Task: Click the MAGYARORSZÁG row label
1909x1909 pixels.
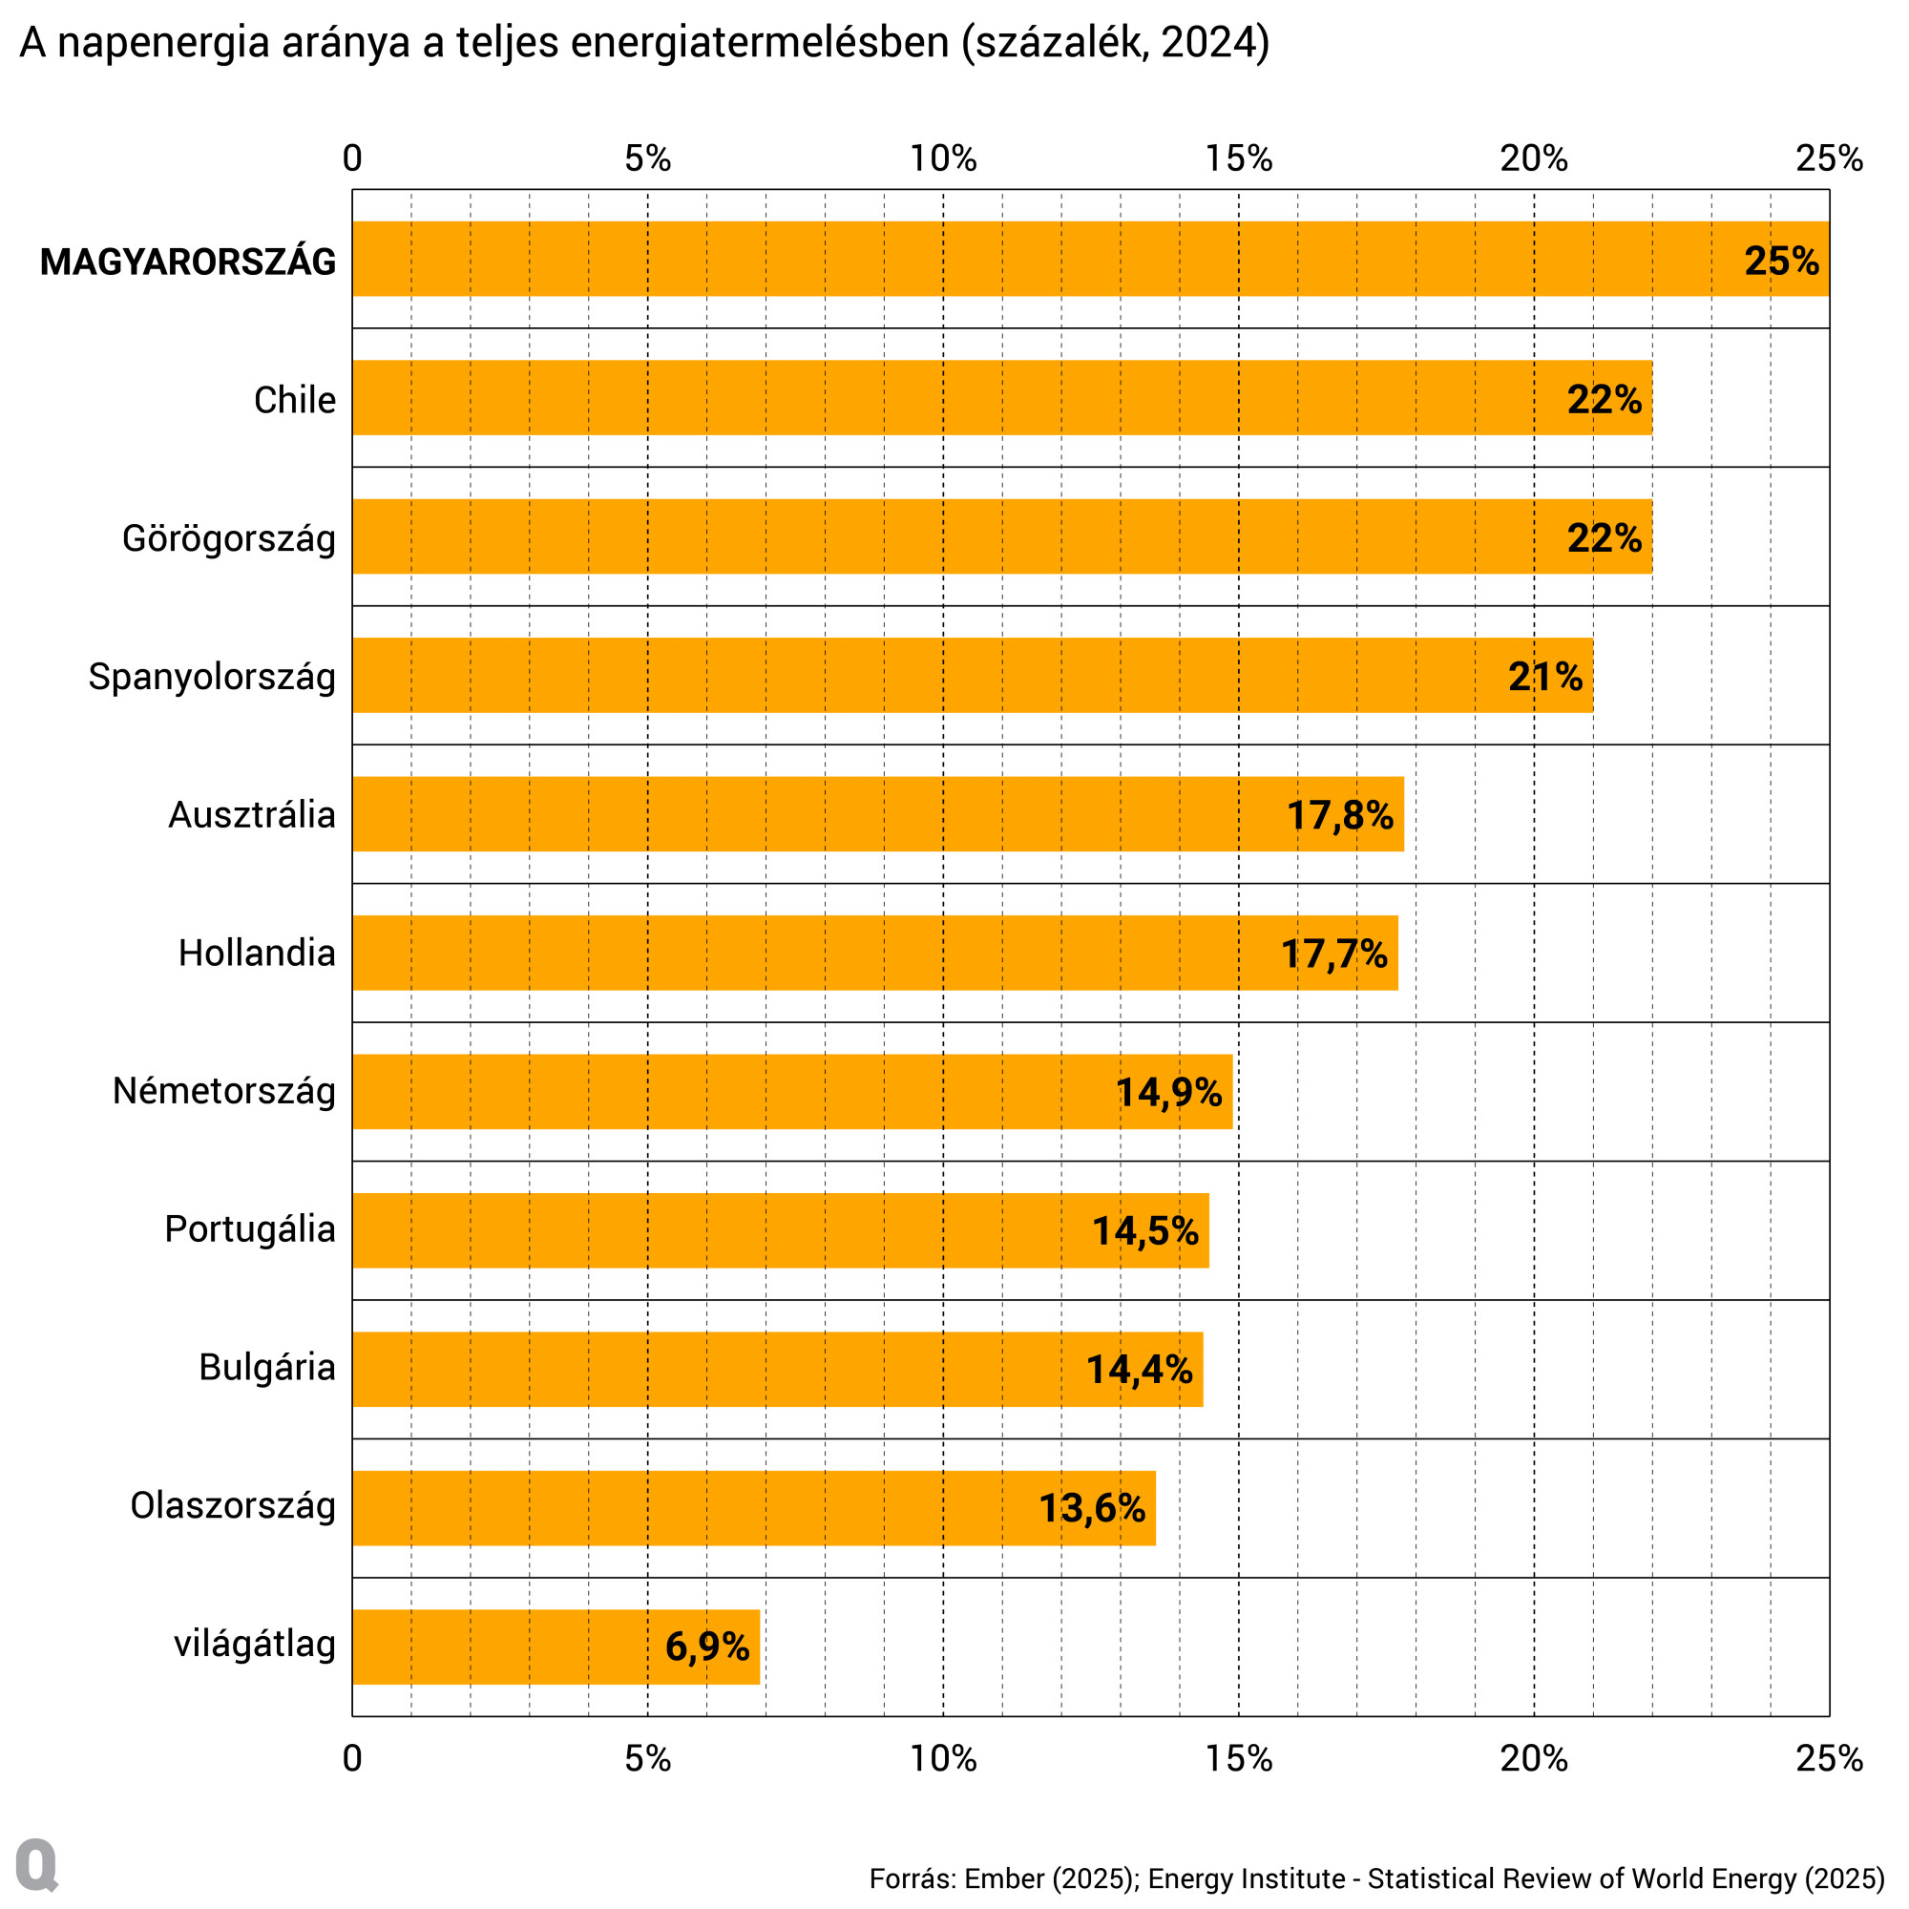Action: click(x=188, y=262)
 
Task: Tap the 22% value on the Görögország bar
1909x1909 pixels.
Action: click(x=1604, y=537)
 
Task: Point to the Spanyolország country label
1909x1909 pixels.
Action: click(x=212, y=677)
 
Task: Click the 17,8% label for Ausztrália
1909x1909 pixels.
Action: click(x=1339, y=815)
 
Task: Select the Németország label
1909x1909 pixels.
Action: click(x=223, y=1091)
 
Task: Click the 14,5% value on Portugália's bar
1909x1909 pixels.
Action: click(x=1144, y=1230)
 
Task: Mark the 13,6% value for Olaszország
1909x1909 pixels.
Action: click(x=1091, y=1508)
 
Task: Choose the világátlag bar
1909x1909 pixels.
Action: click(x=494, y=1647)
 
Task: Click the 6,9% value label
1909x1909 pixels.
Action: click(x=706, y=1647)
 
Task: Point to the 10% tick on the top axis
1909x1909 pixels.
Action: click(x=943, y=158)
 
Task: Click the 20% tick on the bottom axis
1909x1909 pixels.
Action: click(x=1534, y=1759)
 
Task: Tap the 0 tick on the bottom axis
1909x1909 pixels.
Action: click(x=353, y=1759)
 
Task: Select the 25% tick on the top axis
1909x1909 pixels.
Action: click(x=1829, y=158)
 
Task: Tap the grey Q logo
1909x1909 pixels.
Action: click(x=37, y=1864)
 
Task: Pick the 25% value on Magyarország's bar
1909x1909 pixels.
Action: click(x=1780, y=261)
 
